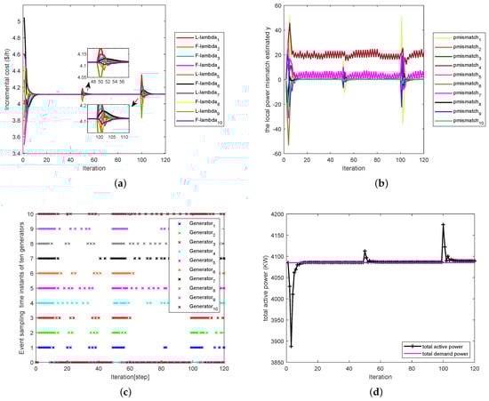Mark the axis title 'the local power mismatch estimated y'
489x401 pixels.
coord(253,80)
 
